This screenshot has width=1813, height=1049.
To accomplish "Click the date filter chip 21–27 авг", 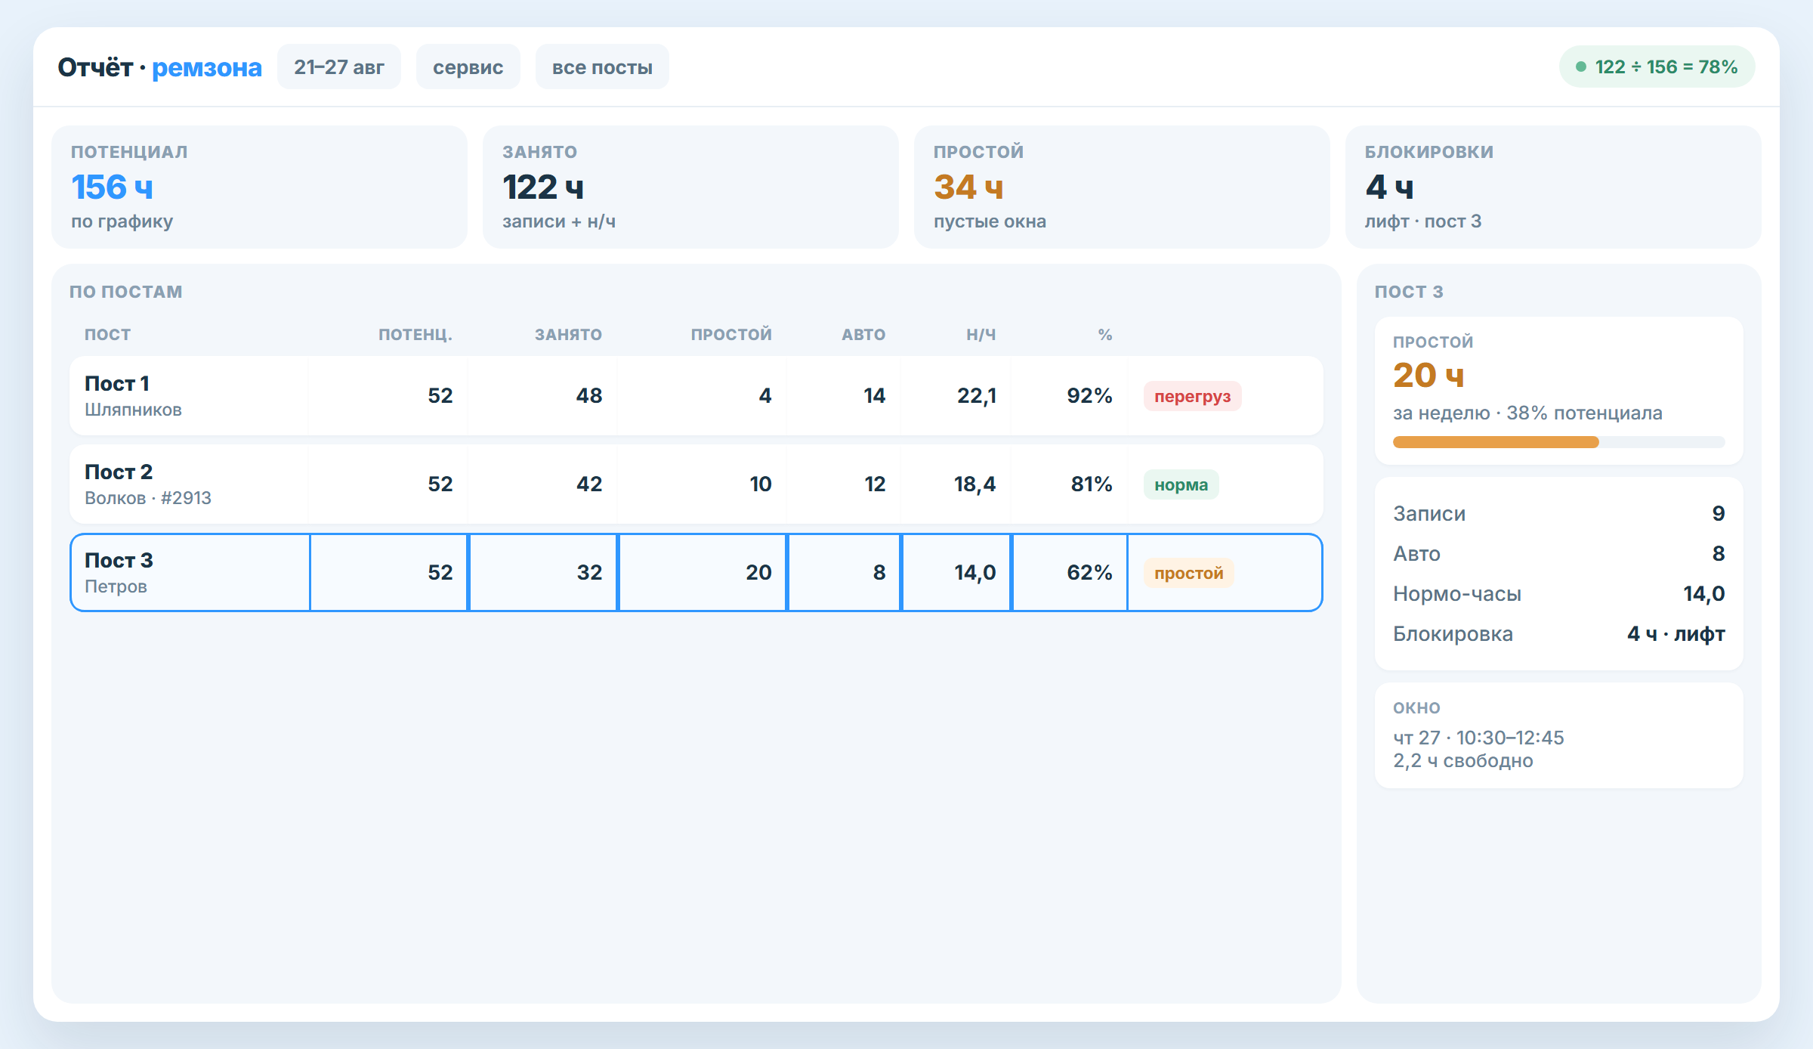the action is tap(339, 67).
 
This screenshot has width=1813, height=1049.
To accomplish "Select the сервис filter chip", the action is tap(468, 67).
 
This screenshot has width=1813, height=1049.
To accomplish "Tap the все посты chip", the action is tap(602, 67).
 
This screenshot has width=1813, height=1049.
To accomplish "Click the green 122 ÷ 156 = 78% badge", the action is tap(1657, 67).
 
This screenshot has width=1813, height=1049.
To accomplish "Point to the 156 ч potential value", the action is tap(112, 187).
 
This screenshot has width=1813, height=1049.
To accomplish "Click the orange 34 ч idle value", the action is tap(968, 187).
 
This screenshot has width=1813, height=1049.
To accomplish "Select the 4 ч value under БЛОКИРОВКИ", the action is tap(1388, 187).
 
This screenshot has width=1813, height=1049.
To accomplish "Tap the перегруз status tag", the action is tap(1192, 396).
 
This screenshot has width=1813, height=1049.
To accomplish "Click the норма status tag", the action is tap(1181, 484).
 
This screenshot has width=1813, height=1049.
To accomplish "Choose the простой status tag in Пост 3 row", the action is tap(1188, 573).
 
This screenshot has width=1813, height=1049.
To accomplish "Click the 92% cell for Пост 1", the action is tap(1089, 395).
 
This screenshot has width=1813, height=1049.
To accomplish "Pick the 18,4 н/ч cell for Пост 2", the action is tap(974, 484).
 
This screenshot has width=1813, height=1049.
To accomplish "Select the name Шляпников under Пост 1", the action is tap(133, 410).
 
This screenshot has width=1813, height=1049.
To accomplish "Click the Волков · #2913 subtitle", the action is tap(148, 498).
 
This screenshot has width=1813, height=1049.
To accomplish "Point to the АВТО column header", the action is tap(863, 335).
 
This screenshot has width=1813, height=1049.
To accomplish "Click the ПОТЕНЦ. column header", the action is tap(415, 335).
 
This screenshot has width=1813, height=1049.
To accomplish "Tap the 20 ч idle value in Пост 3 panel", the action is tap(1428, 376).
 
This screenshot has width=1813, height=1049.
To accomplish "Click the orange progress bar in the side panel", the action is tap(1496, 442).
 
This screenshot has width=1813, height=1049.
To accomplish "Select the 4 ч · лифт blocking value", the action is tap(1676, 633).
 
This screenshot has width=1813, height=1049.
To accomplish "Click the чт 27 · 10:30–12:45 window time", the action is tap(1478, 738).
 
